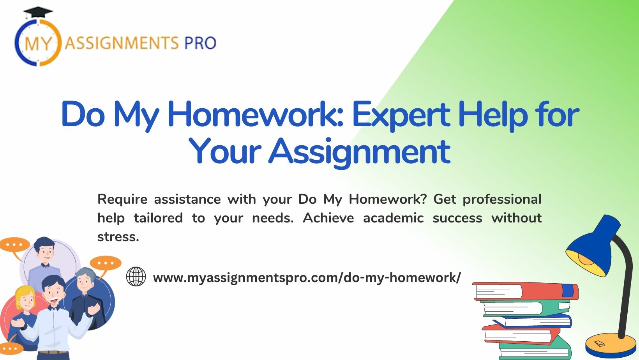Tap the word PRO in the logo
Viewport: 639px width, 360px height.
point(201,43)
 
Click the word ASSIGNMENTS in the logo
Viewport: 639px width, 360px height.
point(122,43)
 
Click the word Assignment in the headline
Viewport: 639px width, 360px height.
point(359,153)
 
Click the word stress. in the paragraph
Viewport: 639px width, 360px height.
point(118,237)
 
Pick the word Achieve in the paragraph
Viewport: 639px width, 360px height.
point(328,218)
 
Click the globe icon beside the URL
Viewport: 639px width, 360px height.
point(136,276)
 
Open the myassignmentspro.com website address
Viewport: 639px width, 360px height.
point(307,278)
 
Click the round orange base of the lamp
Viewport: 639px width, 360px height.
point(607,345)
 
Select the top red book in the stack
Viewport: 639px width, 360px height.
point(526,291)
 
